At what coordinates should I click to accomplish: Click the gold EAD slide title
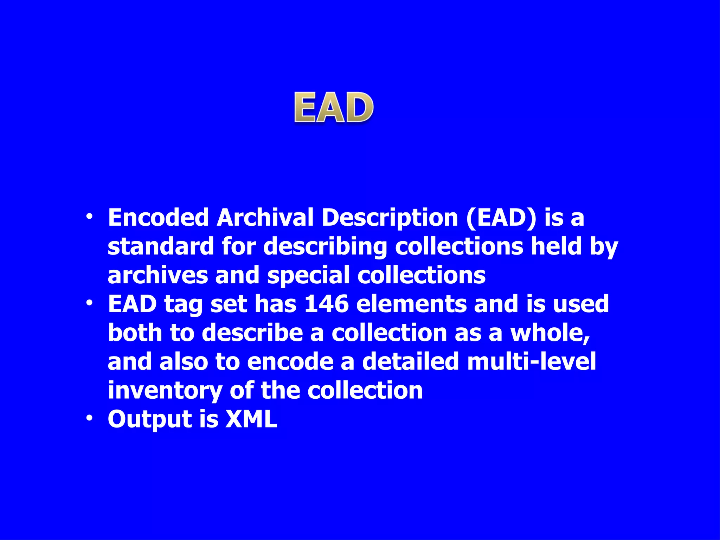point(334,108)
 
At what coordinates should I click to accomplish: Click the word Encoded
point(159,218)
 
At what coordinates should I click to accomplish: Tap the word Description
point(390,218)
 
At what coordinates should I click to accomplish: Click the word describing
point(325,247)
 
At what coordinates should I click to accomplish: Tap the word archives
point(157,275)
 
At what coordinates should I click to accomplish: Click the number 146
point(326,304)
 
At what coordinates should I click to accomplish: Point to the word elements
point(411,304)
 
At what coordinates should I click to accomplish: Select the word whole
point(550,333)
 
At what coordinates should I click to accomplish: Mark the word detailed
point(410,361)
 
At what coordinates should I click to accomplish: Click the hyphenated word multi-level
point(532,361)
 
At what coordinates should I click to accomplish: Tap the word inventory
point(165,391)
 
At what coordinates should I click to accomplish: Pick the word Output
point(150,419)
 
